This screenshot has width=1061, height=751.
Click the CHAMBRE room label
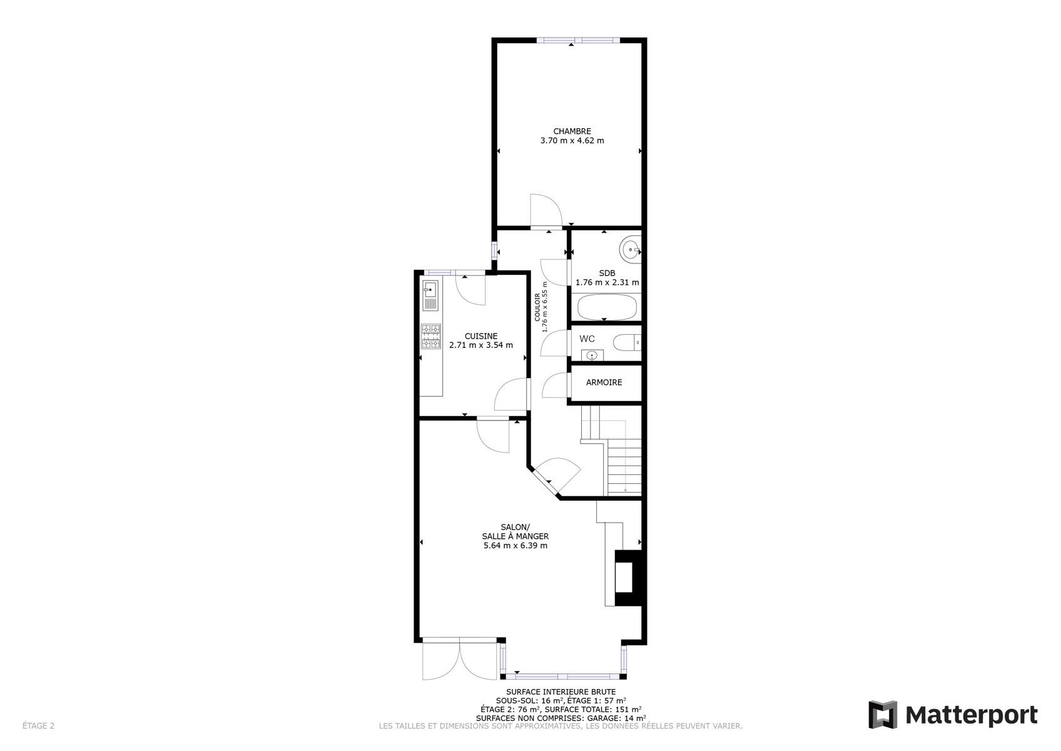572,131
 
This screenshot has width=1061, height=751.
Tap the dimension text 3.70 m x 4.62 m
572,141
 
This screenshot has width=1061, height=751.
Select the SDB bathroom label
607,273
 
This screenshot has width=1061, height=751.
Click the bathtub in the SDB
606,307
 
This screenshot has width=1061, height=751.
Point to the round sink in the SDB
631,248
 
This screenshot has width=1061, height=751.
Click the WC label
587,339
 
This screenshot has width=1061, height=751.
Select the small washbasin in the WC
592,355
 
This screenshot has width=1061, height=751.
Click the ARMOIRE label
604,382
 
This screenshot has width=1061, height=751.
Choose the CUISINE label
480,337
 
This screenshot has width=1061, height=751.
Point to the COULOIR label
537,307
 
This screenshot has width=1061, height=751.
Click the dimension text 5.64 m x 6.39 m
515,546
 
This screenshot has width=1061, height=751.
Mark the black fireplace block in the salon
628,578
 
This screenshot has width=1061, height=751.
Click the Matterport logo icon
883,715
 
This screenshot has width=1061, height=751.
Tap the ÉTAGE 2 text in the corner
38,725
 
